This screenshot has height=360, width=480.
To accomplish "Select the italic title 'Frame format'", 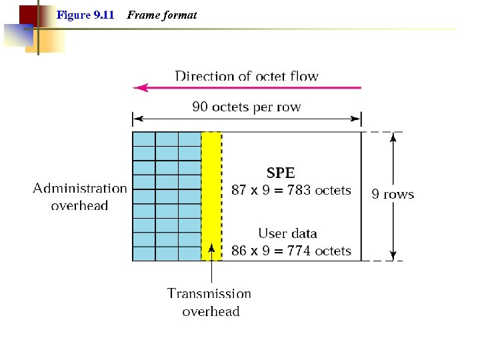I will point(161,15).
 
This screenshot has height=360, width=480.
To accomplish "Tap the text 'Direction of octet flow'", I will point(247,76).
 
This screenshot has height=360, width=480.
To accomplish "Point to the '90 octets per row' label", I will point(247,107).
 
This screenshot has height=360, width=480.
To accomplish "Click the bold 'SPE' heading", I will point(281,172).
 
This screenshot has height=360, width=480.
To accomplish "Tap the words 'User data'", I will point(287,233).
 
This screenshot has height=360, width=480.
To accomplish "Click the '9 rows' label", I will point(393,195).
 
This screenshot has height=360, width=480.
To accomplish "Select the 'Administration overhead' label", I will point(80,197).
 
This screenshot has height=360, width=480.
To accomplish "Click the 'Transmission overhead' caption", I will point(210,302).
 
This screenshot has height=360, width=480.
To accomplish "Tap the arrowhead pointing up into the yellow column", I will point(211,249).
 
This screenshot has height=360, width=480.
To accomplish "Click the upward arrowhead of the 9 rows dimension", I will point(393,137).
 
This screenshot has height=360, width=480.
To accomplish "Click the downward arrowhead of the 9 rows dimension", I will point(393,255).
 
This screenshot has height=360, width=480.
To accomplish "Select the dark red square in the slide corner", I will point(28,14).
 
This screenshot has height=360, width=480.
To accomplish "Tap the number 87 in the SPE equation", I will point(239,190).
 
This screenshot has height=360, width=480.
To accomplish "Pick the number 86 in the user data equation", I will point(239,251).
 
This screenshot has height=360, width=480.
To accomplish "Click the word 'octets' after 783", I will point(333,190).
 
